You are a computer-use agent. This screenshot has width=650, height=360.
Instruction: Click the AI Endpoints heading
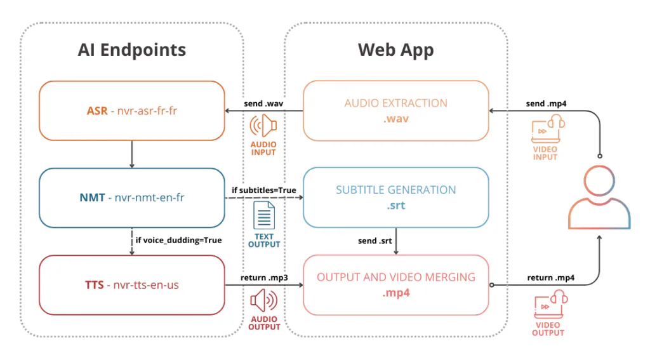(x=132, y=50)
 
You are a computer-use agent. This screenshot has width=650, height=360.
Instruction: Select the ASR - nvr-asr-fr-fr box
(x=132, y=110)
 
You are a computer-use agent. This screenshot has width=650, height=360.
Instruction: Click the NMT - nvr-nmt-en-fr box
(x=132, y=198)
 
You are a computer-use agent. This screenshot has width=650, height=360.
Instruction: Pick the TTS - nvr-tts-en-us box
(x=132, y=285)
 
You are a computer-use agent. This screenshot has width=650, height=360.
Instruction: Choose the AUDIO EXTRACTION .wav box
(x=396, y=110)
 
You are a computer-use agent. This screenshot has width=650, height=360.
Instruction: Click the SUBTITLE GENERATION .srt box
(x=396, y=197)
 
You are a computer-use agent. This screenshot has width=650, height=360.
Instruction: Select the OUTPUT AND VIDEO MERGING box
(x=396, y=285)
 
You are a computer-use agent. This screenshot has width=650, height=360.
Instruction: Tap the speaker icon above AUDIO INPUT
(x=263, y=126)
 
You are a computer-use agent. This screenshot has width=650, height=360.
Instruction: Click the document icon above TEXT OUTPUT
(x=264, y=215)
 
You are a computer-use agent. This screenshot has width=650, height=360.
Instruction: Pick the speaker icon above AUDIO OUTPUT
(x=264, y=301)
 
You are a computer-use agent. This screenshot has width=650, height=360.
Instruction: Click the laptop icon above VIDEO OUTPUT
(x=550, y=304)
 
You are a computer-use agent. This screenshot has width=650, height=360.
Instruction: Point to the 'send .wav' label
(x=263, y=103)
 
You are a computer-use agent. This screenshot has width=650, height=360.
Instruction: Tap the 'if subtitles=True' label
(x=263, y=190)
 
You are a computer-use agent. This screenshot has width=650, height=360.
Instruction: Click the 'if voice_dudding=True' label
(x=178, y=240)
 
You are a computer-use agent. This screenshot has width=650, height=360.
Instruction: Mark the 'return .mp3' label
(x=264, y=277)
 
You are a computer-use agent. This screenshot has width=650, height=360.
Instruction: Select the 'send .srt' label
(x=375, y=241)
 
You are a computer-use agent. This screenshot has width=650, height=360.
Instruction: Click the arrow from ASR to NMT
(x=132, y=154)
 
